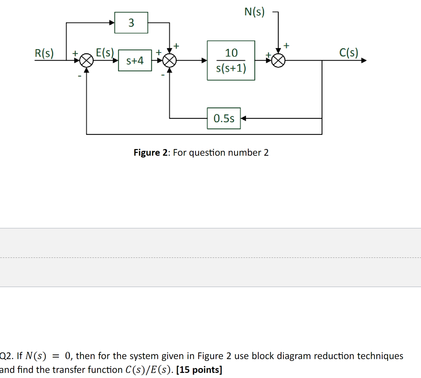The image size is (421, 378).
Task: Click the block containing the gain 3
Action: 131,23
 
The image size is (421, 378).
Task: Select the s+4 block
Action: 135,61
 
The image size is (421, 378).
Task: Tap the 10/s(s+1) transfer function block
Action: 231,60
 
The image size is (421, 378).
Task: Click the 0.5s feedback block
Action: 224,118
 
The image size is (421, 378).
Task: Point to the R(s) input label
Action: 44,53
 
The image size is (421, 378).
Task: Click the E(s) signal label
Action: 105,52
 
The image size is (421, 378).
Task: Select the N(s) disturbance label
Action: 254,12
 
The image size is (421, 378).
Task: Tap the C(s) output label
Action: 349,52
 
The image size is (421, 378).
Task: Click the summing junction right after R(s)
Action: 87,61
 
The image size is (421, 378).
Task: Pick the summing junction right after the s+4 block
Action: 169,61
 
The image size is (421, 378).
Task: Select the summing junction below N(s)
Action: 278,61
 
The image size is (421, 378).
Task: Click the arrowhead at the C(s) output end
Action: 364,60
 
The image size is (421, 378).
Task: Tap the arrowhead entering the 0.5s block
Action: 243,118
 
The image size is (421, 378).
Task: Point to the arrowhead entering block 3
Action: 112,23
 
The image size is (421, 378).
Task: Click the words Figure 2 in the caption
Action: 150,153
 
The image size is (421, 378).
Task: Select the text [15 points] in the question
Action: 199,370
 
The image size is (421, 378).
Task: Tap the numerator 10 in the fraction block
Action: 231,53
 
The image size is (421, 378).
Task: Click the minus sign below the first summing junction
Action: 80,76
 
